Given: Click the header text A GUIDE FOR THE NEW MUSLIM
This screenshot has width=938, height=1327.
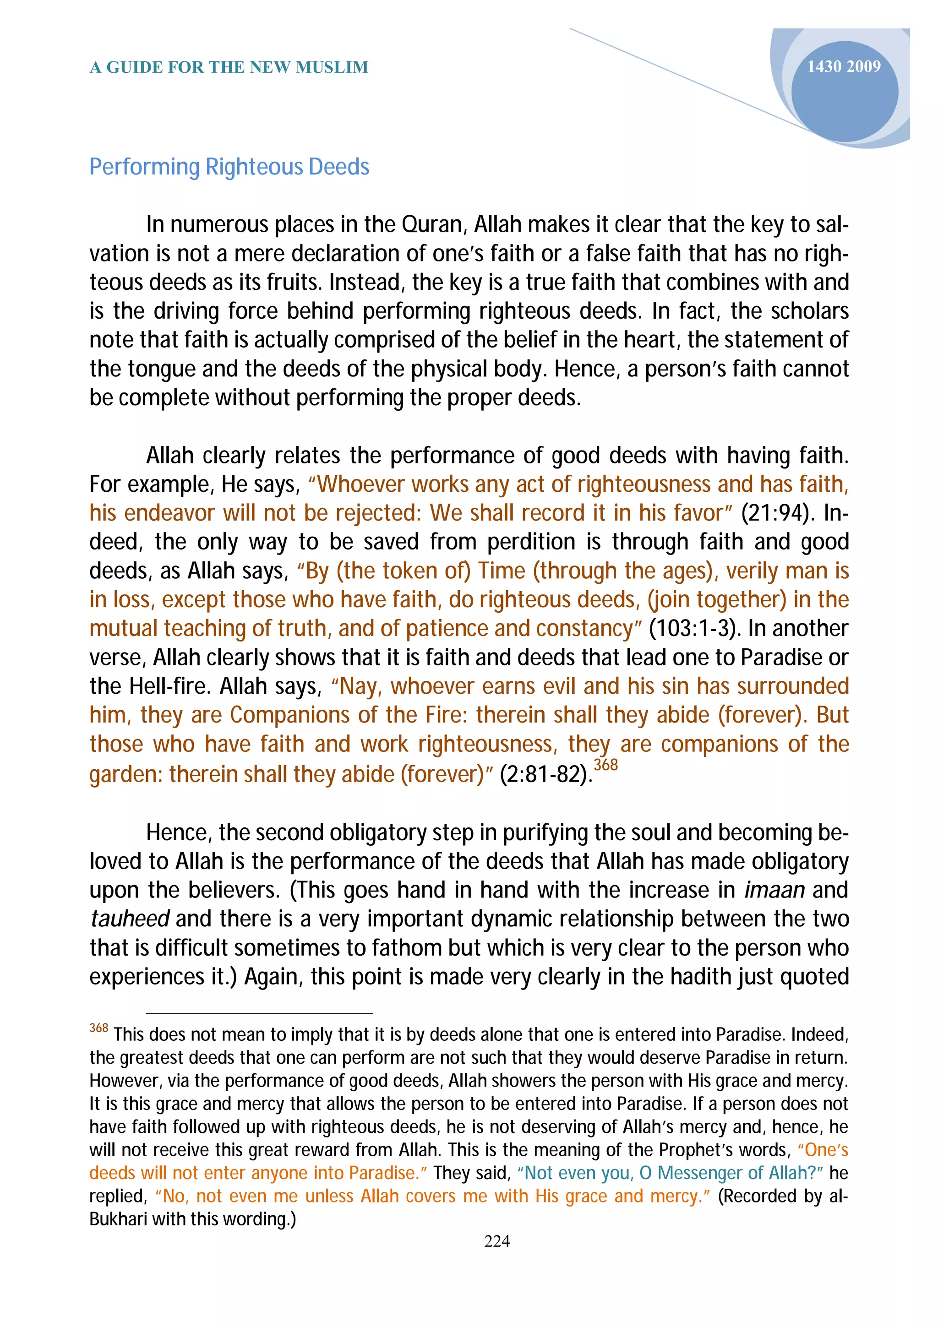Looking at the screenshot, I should click(x=229, y=68).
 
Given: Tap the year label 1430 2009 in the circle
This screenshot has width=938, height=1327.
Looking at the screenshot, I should click(x=843, y=67).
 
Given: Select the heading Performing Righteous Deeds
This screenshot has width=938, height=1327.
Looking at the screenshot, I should click(x=229, y=167).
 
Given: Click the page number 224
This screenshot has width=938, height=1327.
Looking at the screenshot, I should click(x=496, y=1241).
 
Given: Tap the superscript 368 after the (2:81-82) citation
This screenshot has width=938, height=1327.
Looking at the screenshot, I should click(x=605, y=765).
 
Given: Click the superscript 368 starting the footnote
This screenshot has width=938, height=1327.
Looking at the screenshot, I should click(x=99, y=1028).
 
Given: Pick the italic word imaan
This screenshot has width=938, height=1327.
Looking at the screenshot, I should click(x=774, y=890).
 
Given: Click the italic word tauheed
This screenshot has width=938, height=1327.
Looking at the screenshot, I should click(x=130, y=919).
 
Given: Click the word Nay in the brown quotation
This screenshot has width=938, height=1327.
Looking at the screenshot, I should click(x=360, y=686).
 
